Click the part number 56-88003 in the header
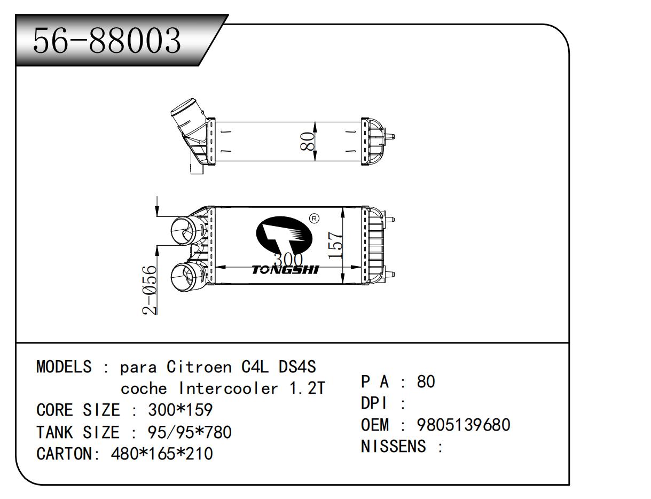click(x=107, y=41)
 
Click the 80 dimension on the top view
click(x=308, y=141)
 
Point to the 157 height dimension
click(x=334, y=245)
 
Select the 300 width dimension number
click(x=287, y=260)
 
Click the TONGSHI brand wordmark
click(x=285, y=270)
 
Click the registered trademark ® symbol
click(x=314, y=218)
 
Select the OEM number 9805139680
click(x=464, y=425)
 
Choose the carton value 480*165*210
click(x=161, y=454)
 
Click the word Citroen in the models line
click(x=199, y=367)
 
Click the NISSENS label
click(x=395, y=446)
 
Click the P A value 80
click(x=426, y=381)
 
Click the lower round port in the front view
click(x=183, y=277)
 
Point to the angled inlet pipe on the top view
click(x=187, y=118)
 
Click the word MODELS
click(x=64, y=367)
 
